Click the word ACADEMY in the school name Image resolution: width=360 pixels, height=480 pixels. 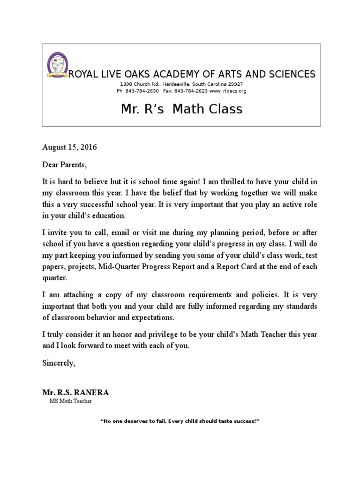183,74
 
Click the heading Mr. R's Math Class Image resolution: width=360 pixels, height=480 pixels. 181,109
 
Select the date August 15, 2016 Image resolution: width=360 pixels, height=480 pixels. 69,147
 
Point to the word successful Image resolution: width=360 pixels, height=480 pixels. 100,205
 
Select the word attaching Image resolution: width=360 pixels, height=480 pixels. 77,295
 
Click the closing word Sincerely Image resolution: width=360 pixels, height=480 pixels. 58,363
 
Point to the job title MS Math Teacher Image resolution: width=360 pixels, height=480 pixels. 70,401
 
